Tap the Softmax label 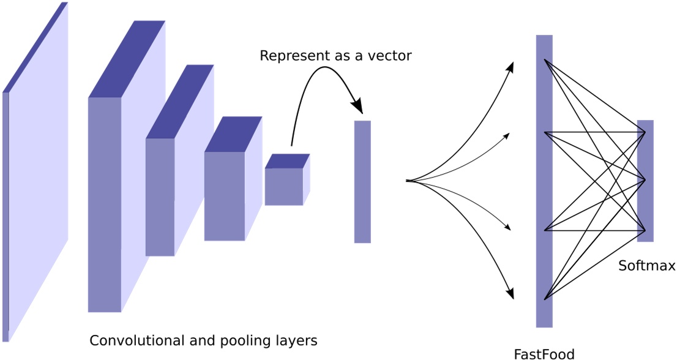[646, 266]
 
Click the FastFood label [544, 353]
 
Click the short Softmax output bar [645, 181]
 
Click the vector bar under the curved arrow [362, 182]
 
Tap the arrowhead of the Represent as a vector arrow [358, 107]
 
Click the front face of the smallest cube [283, 187]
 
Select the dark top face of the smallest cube [287, 161]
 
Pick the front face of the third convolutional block [224, 196]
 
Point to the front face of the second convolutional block [160, 197]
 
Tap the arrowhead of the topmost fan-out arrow [512, 66]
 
